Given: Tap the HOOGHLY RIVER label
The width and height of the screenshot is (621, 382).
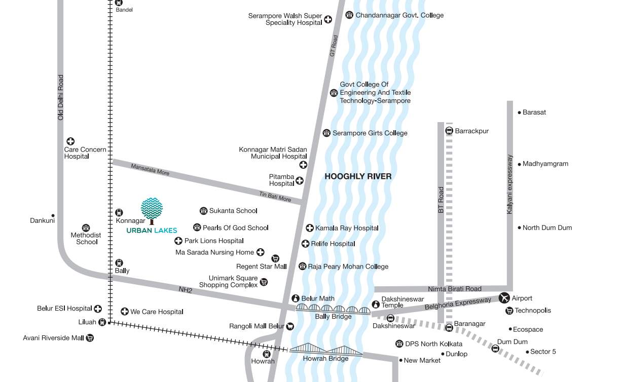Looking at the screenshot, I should click(x=358, y=176).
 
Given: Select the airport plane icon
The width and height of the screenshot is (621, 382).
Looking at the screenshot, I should click(x=504, y=298).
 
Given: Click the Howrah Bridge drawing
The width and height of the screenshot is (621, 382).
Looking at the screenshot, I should click(x=325, y=350).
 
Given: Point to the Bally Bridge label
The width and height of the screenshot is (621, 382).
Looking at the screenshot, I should click(x=333, y=317).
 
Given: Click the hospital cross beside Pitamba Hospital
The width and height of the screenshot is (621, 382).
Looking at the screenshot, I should click(x=300, y=180).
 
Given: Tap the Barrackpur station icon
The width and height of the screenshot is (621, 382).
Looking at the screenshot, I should click(x=449, y=131).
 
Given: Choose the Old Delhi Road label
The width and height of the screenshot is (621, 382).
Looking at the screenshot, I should click(x=61, y=97).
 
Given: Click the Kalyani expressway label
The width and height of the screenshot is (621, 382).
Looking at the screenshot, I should click(x=510, y=184).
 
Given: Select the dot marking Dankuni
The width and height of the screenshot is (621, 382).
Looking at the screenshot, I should click(x=53, y=215).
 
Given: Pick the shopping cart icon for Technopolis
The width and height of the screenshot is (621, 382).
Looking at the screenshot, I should click(x=509, y=311).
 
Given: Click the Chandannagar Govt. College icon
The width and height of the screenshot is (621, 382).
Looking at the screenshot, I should click(x=349, y=15).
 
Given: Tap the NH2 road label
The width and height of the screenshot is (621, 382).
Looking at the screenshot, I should click(x=186, y=290).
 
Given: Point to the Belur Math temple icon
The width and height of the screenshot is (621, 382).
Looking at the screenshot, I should click(x=296, y=298).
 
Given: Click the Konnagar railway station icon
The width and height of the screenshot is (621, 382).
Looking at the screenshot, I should click(x=119, y=213).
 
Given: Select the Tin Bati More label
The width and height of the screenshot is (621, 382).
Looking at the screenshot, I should click(x=275, y=197).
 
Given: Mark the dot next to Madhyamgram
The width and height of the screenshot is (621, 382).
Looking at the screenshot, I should click(x=519, y=164).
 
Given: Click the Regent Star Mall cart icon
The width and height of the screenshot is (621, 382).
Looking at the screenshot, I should click(x=275, y=258).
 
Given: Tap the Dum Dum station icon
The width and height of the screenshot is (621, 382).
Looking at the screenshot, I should click(x=495, y=348).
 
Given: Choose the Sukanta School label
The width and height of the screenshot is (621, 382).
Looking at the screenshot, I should click(x=233, y=211).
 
